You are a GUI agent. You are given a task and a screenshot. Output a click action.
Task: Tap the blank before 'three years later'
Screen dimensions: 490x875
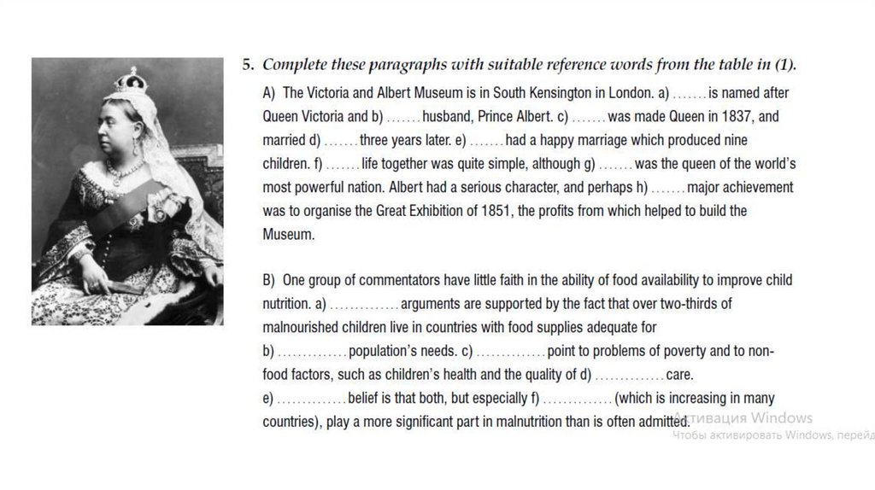340,139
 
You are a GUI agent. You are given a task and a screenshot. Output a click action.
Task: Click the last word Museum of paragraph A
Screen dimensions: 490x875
289,234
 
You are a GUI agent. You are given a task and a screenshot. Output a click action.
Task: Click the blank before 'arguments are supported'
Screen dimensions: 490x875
364,304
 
